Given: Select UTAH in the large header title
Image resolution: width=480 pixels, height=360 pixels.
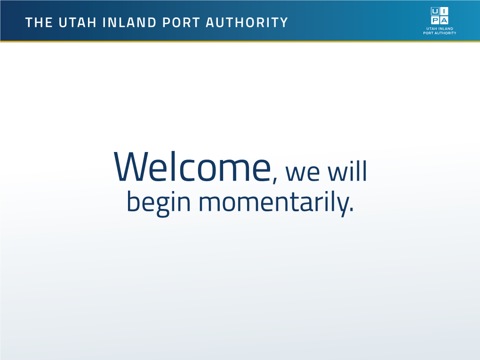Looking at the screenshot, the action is coord(78,22).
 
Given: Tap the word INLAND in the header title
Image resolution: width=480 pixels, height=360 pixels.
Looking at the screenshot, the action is coord(129,22).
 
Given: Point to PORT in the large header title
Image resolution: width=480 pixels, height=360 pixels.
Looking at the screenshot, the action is coord(181,22).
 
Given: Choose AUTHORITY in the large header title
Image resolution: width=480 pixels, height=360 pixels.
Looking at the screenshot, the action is coord(247,22).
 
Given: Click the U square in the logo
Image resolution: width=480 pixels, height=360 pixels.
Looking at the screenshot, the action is coord(435,11).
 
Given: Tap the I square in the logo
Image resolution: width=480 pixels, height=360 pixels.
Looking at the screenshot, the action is coord(444,11).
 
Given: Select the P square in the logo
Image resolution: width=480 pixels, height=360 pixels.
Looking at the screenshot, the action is coord(435,20).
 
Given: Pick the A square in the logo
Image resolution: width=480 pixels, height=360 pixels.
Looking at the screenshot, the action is coord(444,20).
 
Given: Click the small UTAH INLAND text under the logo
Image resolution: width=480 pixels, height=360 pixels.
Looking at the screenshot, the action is coord(440,28).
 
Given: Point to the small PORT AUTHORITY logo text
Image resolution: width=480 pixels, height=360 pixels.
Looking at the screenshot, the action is coord(440,33).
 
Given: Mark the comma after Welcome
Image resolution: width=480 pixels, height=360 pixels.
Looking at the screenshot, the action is coord(275,180).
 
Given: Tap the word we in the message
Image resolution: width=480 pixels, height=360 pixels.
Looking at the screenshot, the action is coord(303,174).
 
